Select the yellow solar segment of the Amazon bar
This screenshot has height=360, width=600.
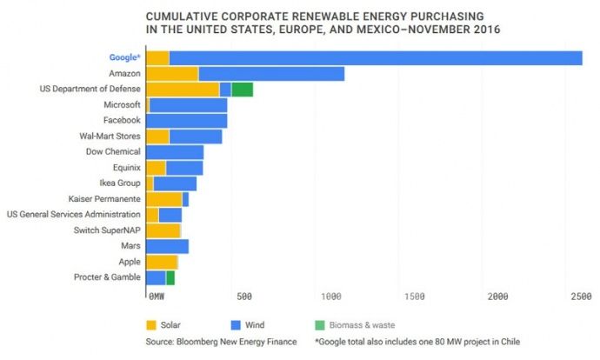click(x=172, y=74)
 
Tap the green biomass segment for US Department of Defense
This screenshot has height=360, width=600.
click(x=243, y=90)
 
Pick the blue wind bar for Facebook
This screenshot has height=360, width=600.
click(x=186, y=120)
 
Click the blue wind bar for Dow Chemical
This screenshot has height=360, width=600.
click(x=175, y=151)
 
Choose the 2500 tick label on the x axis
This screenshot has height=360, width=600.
click(x=582, y=297)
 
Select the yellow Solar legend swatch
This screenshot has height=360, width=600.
click(x=150, y=325)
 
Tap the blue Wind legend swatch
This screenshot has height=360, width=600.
click(x=237, y=325)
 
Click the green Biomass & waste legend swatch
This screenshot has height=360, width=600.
click(x=321, y=325)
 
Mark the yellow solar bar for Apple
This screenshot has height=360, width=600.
click(x=162, y=262)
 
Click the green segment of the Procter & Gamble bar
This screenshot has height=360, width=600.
click(x=170, y=277)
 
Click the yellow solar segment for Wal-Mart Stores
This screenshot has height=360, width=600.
click(x=157, y=136)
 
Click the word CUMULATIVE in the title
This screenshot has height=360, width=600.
click(x=179, y=17)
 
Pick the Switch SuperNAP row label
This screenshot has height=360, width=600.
click(x=106, y=230)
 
